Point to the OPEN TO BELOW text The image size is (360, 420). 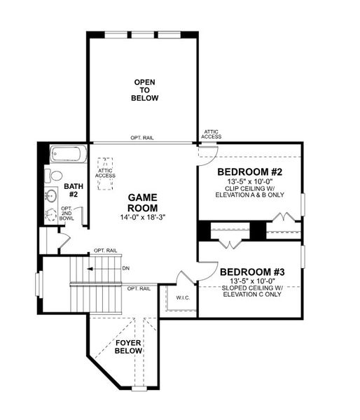pos(145,90)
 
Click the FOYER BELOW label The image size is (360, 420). pos(129,346)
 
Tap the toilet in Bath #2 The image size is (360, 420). pos(55,176)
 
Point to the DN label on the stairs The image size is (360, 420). pos(125,268)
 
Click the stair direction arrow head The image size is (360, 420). pos(89,268)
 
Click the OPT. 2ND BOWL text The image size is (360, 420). pos(67,213)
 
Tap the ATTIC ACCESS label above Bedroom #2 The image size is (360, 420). pos(212,134)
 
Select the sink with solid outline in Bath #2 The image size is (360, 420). pos(51,195)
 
